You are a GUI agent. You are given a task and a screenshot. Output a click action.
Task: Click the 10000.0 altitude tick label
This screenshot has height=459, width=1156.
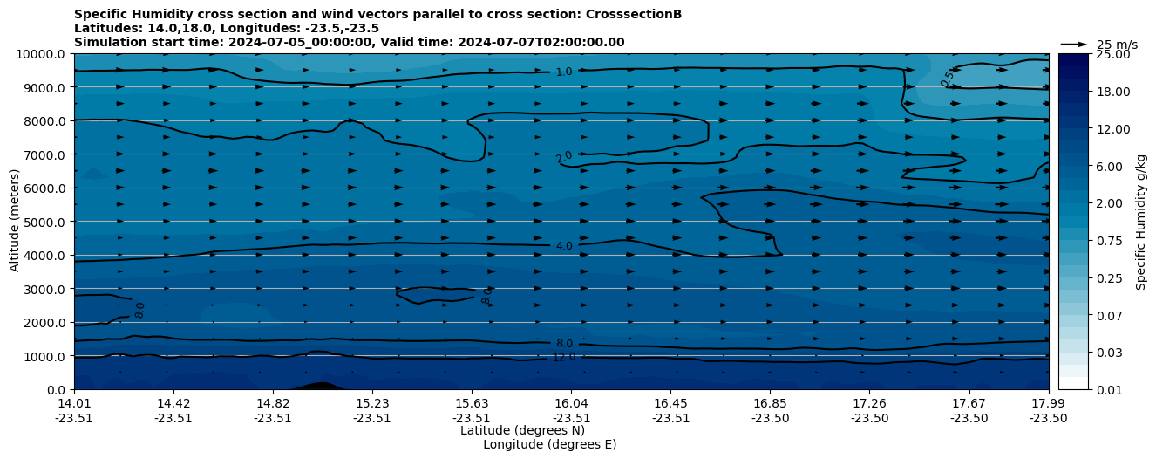[x=41, y=54]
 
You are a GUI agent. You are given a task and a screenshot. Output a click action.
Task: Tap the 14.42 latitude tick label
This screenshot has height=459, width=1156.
[x=173, y=404]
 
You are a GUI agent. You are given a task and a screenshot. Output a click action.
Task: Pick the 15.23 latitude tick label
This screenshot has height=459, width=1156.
[x=372, y=404]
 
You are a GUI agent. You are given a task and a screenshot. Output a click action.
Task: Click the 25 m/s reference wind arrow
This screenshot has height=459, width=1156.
[x=1074, y=45]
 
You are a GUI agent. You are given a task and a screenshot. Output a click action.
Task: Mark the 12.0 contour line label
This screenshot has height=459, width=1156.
[x=564, y=357]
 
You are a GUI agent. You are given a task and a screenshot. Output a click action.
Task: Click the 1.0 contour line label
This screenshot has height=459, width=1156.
[x=564, y=72]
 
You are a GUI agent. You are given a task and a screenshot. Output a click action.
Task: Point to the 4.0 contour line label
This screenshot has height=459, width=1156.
[x=564, y=246]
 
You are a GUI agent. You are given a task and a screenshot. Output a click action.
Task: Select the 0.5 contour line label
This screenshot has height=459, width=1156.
[x=948, y=78]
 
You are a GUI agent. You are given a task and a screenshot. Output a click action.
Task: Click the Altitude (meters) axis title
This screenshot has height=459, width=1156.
[x=15, y=222]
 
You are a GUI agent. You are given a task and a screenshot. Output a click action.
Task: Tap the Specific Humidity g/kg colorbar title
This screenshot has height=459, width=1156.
[x=1141, y=222]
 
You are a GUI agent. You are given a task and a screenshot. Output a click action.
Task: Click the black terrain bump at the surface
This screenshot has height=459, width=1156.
[x=321, y=385]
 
